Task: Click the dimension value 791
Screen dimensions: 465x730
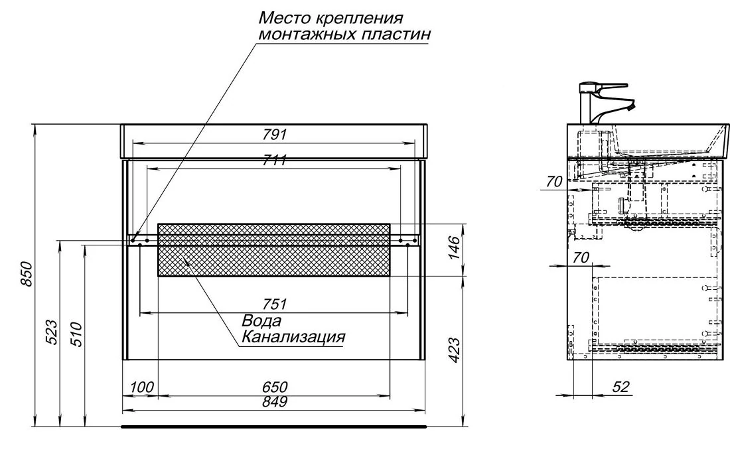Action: pos(274,134)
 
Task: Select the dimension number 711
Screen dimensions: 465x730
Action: pos(274,161)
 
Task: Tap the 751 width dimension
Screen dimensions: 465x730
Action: pos(274,304)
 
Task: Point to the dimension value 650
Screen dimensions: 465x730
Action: pos(274,387)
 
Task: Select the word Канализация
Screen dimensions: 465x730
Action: pos(293,337)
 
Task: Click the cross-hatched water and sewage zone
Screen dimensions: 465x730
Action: pos(273,250)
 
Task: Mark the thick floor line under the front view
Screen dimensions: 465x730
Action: pos(273,427)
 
